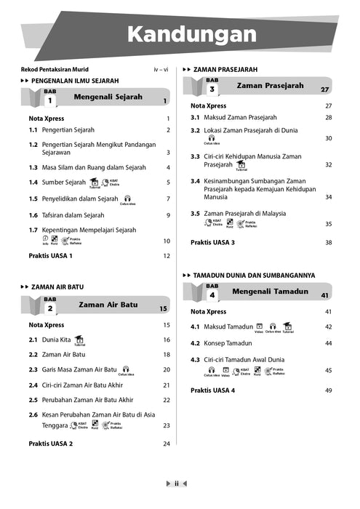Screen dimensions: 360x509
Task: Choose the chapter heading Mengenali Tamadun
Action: pos(270,292)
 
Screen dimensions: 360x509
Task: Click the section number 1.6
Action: pos(33,215)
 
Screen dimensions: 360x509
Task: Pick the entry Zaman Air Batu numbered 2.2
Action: pos(63,354)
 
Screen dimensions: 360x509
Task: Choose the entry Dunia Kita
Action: pos(56,340)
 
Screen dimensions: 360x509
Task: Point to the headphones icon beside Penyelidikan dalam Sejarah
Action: pos(127,197)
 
